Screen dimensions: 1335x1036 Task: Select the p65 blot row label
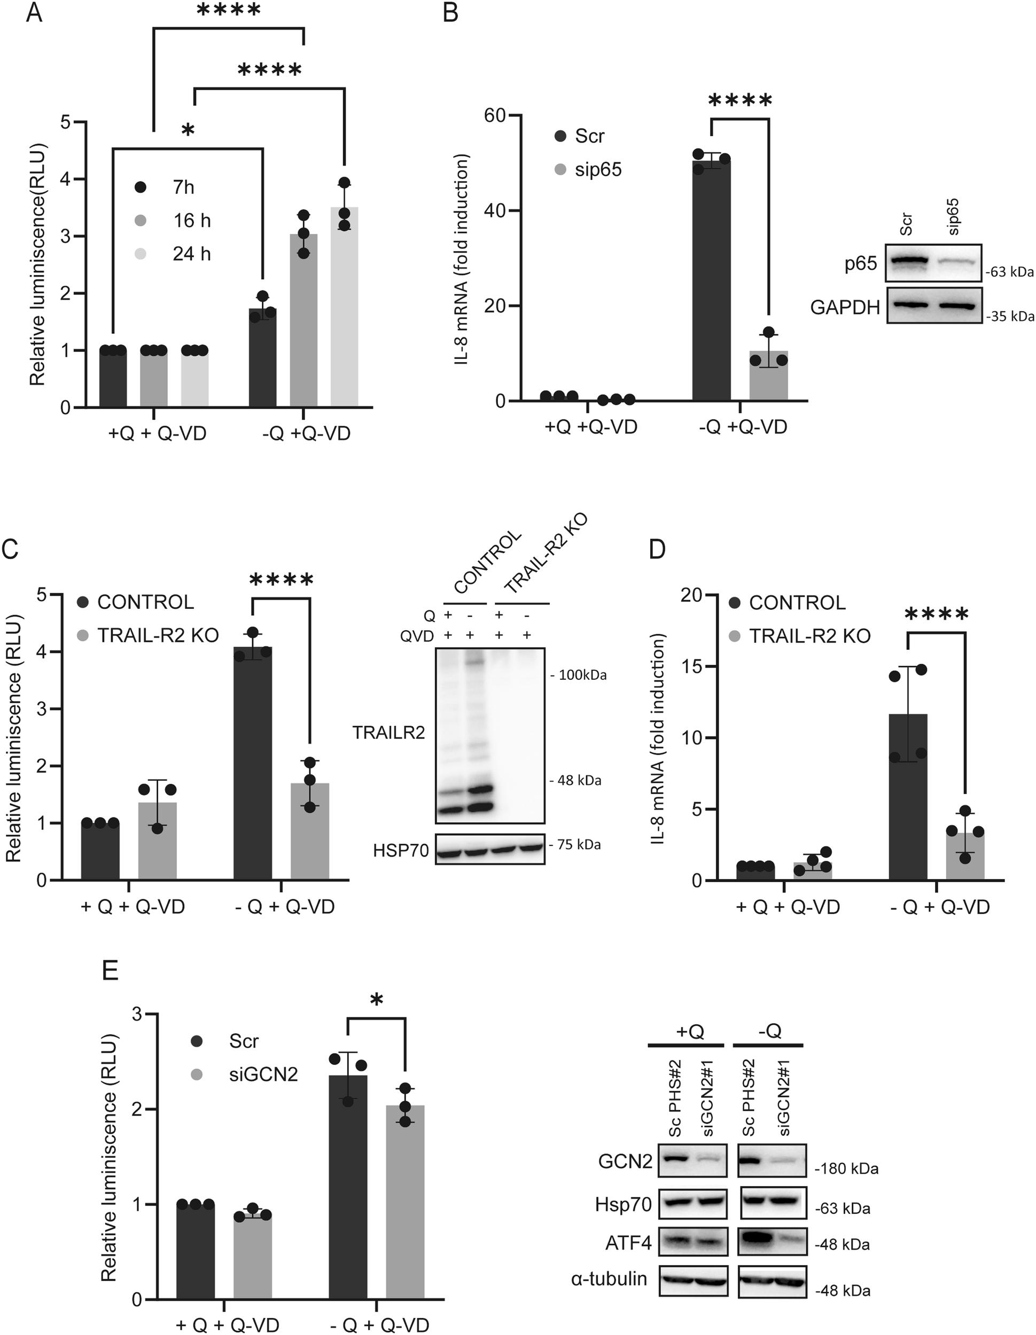(x=861, y=264)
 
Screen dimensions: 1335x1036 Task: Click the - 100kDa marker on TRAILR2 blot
(x=578, y=675)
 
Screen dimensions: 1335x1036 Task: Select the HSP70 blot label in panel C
(x=401, y=850)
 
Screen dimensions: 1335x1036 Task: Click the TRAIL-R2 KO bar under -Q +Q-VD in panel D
(x=965, y=857)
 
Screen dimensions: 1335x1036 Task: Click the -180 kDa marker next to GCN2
(x=846, y=1169)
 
